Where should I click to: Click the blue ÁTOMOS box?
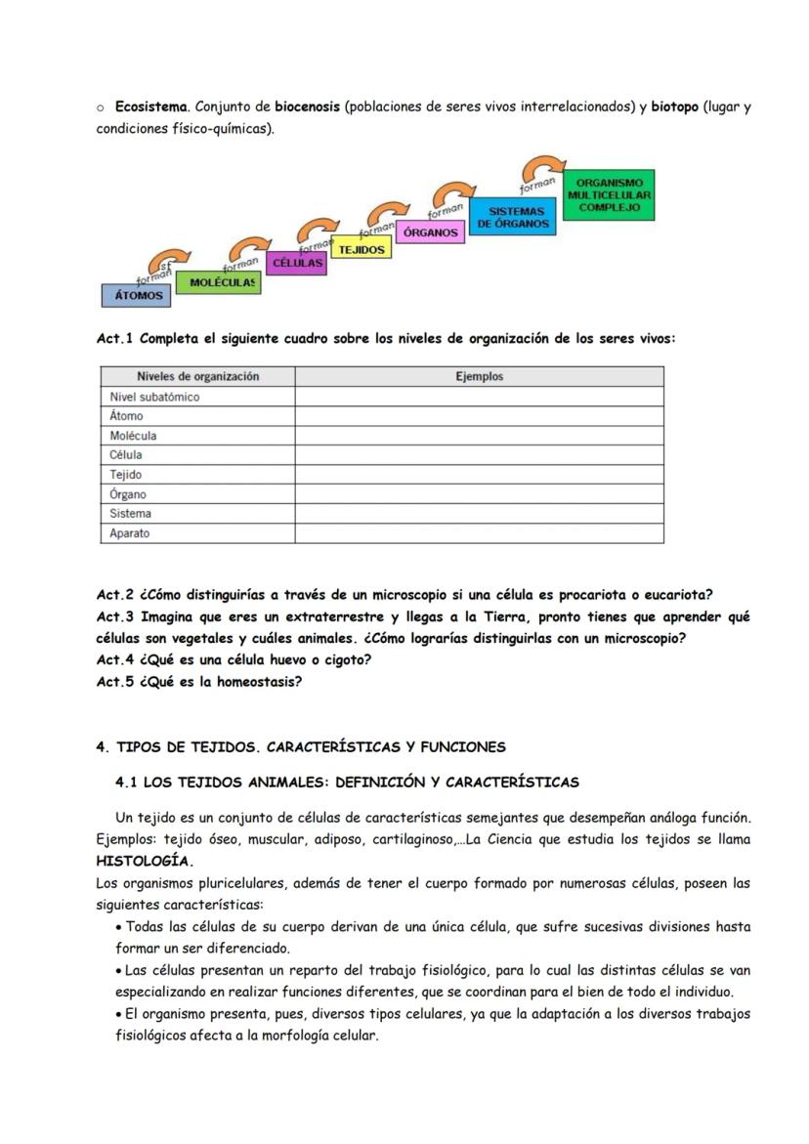[x=136, y=294]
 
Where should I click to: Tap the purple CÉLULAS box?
[x=297, y=264]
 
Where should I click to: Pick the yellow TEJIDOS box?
[x=362, y=249]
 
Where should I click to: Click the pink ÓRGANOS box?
[x=430, y=233]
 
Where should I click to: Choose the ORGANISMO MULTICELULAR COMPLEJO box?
[x=609, y=195]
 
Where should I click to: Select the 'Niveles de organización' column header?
[x=197, y=376]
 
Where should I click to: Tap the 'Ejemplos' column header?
[x=479, y=376]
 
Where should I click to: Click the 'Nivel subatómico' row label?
[x=154, y=397]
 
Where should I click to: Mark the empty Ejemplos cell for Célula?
[x=479, y=455]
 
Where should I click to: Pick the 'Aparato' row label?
[x=130, y=533]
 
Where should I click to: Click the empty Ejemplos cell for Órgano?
[x=479, y=494]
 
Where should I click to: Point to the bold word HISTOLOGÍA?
[x=145, y=862]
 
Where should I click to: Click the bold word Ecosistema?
[x=151, y=106]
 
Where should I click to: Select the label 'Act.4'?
[x=115, y=659]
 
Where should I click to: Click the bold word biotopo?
[x=674, y=106]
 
